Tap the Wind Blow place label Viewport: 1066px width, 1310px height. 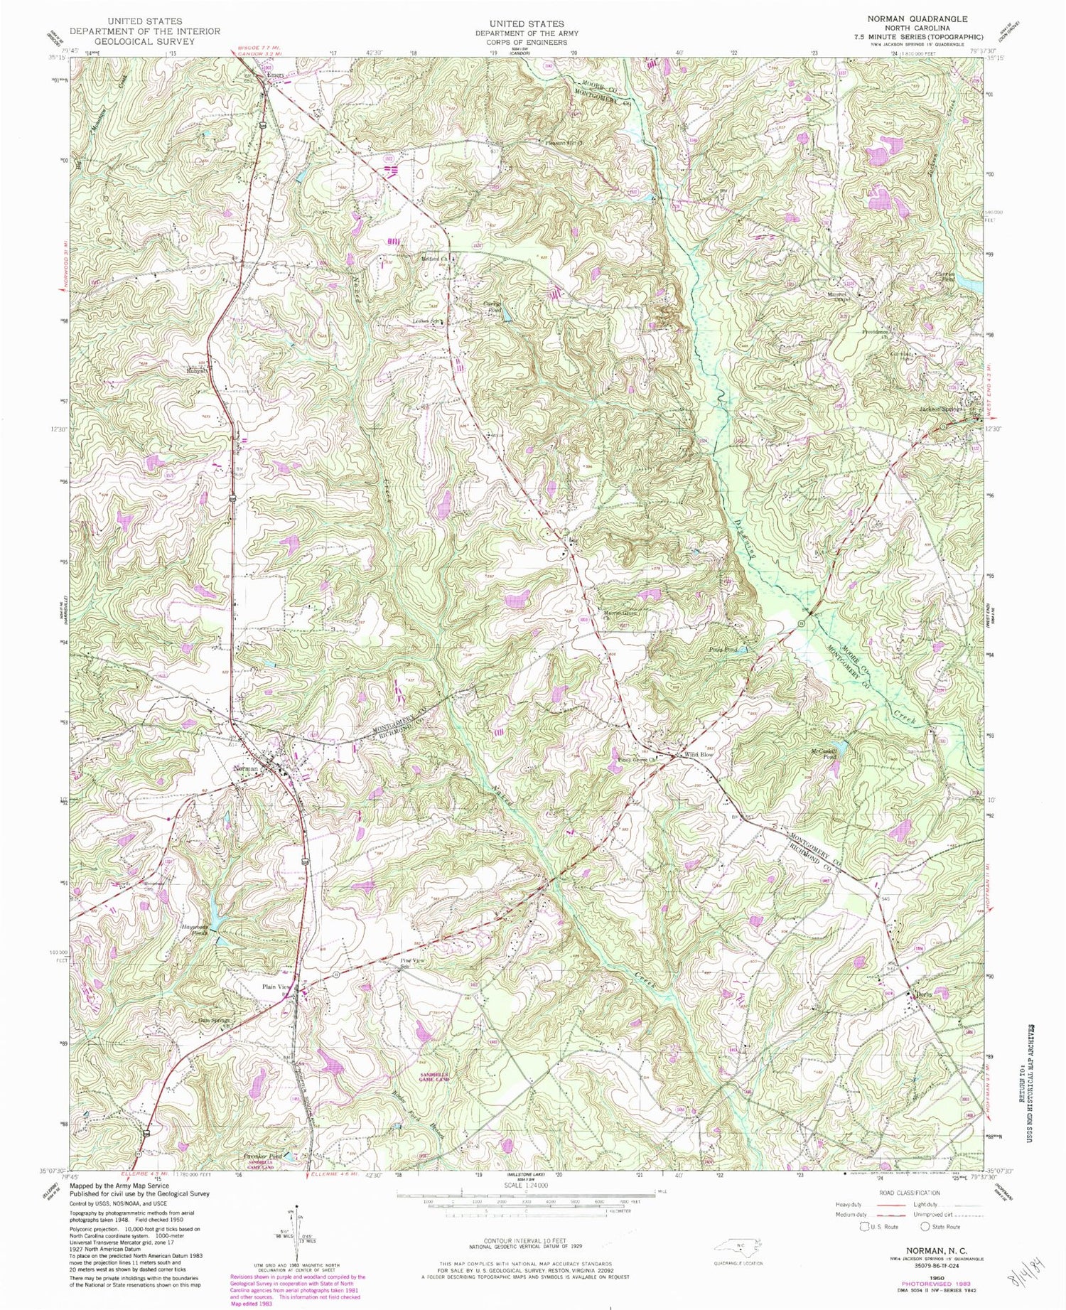point(698,755)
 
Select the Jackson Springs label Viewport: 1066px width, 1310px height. point(943,409)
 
